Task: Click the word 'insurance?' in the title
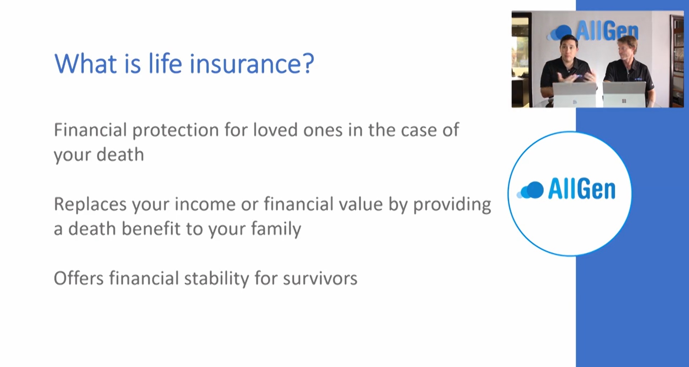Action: click(x=252, y=64)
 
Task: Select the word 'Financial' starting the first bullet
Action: click(x=90, y=130)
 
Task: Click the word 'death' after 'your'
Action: click(x=120, y=154)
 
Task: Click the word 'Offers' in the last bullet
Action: click(x=79, y=278)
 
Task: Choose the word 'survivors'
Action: click(x=320, y=279)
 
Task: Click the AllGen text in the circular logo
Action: click(x=582, y=189)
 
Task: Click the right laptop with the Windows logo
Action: click(x=624, y=94)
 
